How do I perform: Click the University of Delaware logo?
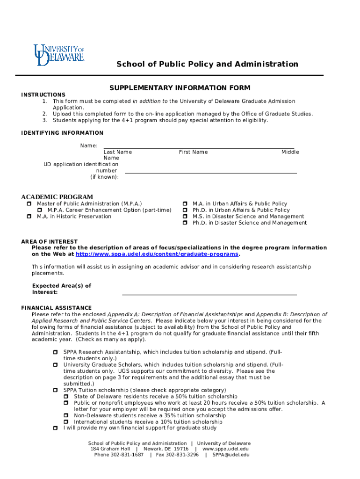[x=58, y=55]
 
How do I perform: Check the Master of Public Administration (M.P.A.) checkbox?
[x=29, y=204]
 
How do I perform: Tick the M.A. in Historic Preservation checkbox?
[x=29, y=217]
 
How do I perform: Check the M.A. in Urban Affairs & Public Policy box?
[x=185, y=204]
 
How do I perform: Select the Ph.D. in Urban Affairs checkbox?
[x=185, y=210]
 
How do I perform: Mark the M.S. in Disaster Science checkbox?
[x=185, y=217]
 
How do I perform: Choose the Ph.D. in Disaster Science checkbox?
[x=185, y=223]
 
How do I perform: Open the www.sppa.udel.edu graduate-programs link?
[x=157, y=254]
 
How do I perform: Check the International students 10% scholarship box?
[x=66, y=422]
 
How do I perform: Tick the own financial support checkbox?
[x=55, y=428]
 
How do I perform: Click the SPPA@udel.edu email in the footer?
[x=230, y=455]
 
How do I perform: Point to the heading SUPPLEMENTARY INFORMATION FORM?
[x=180, y=88]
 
